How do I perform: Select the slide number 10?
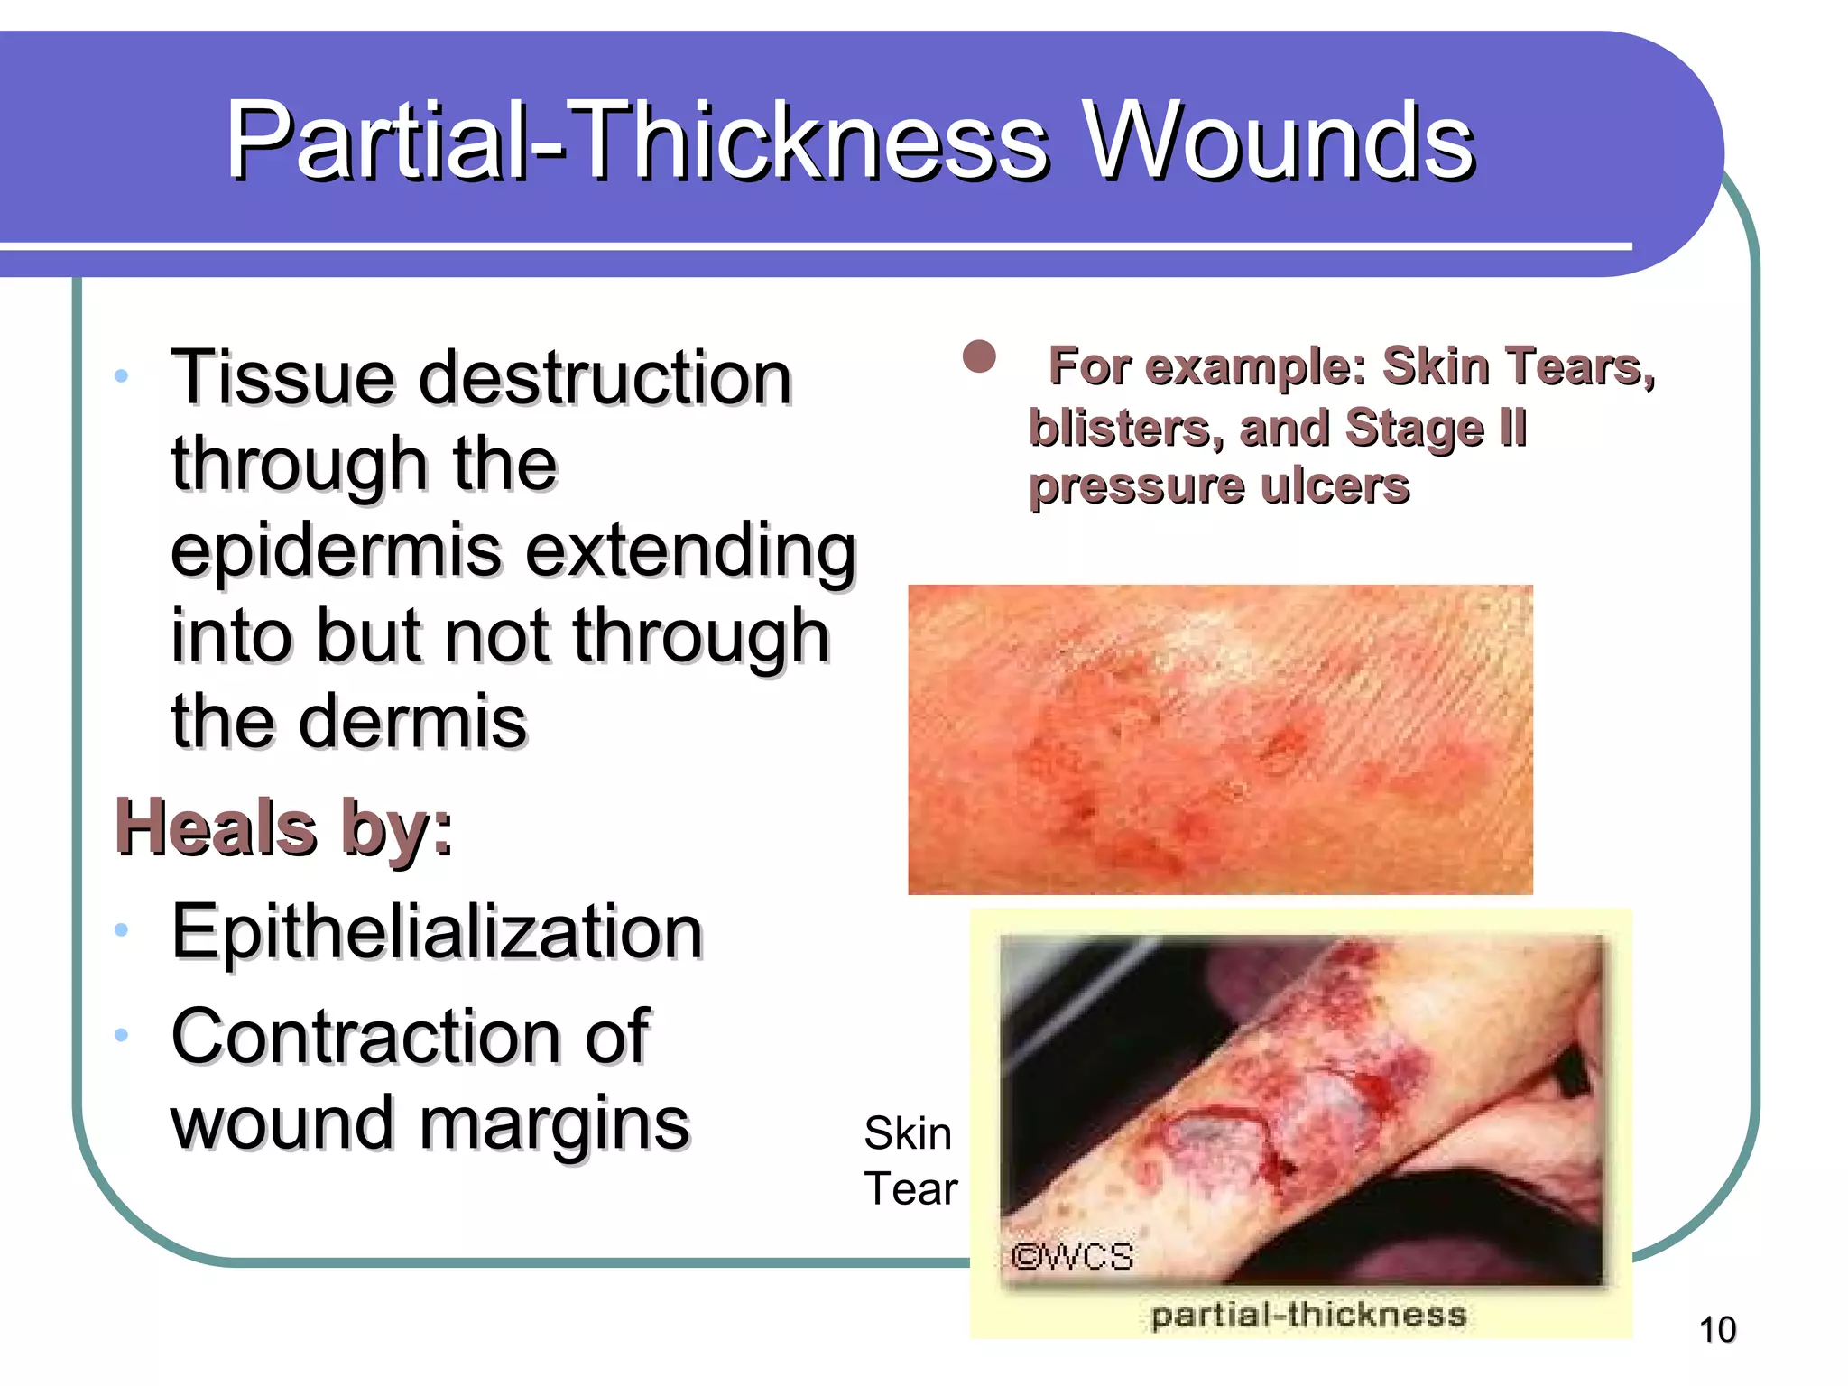[1717, 1330]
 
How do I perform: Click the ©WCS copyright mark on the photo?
[1072, 1256]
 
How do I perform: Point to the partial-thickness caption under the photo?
[1308, 1315]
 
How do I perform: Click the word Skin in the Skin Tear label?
[907, 1133]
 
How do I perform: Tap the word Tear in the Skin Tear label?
[910, 1188]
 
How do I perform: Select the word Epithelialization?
[437, 932]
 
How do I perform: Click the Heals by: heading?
[284, 827]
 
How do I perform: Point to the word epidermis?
[337, 551]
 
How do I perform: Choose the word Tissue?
[282, 377]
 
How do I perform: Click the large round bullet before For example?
[979, 357]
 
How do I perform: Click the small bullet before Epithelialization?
[122, 929]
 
